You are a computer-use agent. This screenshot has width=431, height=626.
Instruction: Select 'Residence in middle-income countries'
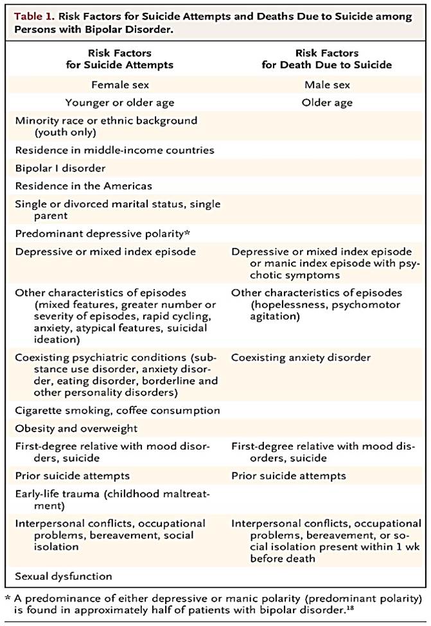[114, 150]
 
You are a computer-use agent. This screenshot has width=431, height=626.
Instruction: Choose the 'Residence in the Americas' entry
[83, 186]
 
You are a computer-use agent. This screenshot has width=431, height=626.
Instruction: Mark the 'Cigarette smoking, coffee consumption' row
[117, 410]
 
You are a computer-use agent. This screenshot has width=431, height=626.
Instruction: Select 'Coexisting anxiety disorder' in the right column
[301, 357]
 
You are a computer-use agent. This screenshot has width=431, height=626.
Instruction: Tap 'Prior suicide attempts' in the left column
[72, 476]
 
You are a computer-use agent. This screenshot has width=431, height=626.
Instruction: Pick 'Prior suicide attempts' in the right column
[288, 476]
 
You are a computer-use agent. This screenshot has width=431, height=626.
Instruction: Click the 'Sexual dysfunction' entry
[64, 576]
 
